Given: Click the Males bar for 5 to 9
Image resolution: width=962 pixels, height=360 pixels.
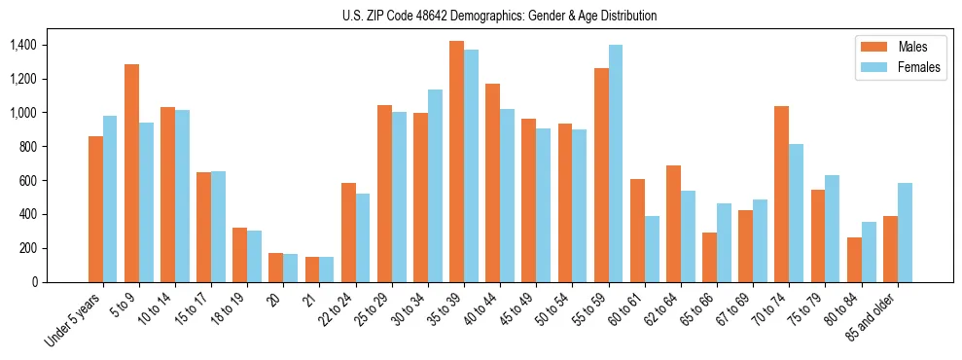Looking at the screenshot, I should point(131,173).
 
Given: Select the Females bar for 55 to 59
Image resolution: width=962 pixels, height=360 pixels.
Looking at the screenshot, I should point(615,163).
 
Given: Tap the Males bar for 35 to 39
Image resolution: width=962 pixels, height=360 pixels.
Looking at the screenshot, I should point(456,162).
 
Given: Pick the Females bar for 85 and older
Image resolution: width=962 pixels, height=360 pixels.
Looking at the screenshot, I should point(905,233).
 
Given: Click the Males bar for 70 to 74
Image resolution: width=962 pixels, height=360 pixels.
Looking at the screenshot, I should point(745,194).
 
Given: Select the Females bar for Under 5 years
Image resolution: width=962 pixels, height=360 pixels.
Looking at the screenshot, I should point(110,198).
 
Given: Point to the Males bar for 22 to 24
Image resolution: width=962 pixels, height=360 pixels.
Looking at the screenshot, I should point(348,233).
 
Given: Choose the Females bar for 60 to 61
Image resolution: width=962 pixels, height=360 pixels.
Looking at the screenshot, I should point(652,249).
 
